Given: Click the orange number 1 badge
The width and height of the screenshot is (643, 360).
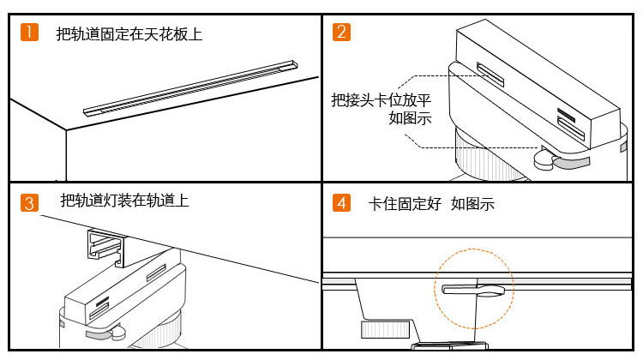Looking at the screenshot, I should (30, 33).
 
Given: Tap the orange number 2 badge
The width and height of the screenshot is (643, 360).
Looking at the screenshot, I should (342, 33).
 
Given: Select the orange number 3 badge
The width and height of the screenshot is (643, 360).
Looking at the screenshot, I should (30, 203).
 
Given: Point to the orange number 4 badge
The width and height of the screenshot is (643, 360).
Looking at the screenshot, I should (342, 203).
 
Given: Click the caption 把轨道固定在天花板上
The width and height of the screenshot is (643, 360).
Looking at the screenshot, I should (129, 34).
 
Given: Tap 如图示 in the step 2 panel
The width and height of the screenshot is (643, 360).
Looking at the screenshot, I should (410, 118).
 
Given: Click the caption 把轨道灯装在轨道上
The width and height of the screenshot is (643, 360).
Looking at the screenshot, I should (124, 201).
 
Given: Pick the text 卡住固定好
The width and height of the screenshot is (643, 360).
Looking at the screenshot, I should (405, 204).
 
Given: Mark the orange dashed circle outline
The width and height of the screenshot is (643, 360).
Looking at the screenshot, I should (474, 251).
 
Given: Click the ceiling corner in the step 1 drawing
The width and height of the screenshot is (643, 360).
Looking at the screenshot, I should (65, 130).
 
